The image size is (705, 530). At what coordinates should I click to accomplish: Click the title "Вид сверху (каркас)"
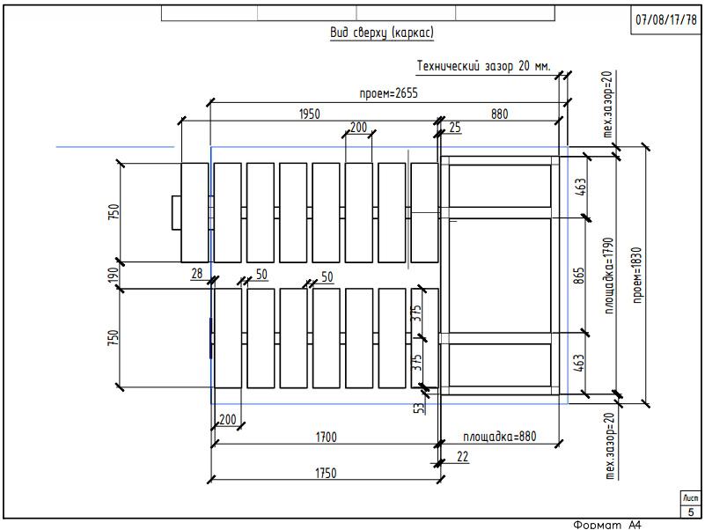click(382, 33)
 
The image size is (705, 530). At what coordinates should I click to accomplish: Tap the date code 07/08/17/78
click(666, 19)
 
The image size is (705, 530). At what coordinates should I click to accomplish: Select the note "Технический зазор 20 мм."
click(483, 66)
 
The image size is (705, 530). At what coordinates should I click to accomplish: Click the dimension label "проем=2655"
click(386, 94)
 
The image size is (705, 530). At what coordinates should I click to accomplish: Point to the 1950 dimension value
click(309, 114)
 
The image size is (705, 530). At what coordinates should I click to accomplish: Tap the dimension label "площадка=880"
click(500, 436)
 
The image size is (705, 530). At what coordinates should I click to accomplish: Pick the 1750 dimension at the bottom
click(326, 473)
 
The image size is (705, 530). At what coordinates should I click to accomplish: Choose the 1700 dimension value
click(326, 436)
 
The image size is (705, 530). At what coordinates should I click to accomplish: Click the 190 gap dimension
click(113, 276)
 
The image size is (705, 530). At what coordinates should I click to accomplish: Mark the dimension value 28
click(197, 275)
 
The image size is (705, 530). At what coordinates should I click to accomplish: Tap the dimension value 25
click(454, 129)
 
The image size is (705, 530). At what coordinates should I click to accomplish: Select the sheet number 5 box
click(690, 512)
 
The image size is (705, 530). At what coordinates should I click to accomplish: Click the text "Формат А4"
click(607, 524)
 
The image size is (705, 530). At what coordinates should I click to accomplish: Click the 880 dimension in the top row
click(500, 114)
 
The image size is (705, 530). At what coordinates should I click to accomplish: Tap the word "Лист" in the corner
click(690, 498)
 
